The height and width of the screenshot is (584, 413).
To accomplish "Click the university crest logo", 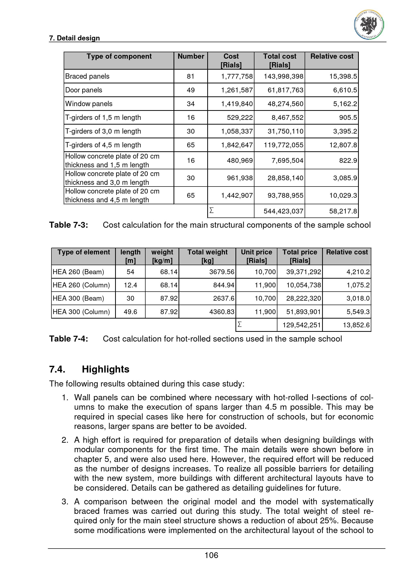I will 369,25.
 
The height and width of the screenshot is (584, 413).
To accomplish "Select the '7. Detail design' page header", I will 74,38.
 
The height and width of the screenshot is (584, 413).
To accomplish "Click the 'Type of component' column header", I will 119,56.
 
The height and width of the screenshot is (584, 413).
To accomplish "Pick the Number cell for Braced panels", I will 191,76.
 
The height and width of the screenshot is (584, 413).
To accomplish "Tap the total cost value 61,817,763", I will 285,90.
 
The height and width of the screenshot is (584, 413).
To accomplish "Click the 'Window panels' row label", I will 89,104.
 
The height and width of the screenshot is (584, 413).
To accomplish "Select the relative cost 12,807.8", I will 343,145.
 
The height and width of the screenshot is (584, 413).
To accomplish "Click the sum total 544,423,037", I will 283,211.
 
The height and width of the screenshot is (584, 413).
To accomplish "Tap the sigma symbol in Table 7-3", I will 211,210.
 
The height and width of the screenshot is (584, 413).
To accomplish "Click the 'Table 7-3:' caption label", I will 69,225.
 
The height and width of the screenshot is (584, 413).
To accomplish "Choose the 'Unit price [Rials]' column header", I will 256,256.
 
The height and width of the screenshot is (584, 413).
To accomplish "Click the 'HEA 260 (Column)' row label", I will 81,285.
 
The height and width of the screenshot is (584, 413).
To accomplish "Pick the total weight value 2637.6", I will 223,298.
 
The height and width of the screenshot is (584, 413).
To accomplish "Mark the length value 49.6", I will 130,312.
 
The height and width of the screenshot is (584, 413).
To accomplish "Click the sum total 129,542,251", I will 302,325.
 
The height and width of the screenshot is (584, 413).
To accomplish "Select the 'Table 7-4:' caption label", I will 69,339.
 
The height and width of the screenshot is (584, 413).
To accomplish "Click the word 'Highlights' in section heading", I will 106,369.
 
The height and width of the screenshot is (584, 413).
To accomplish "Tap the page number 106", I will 211,555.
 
